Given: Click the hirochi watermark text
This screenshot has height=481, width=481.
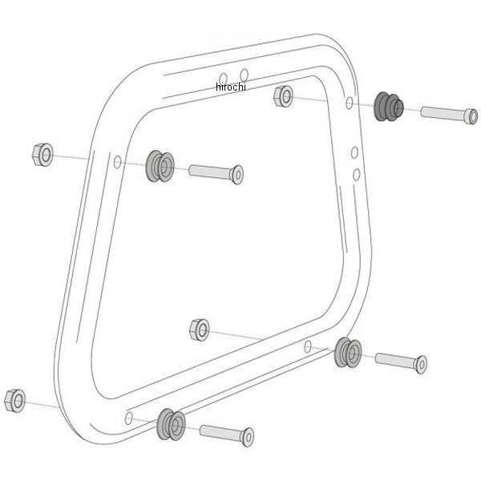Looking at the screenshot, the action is point(231,87).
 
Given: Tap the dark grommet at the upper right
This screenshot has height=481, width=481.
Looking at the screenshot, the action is point(389,107).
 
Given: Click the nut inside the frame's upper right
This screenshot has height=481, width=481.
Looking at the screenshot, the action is point(283,96).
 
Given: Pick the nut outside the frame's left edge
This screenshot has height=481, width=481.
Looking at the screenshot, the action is point(42,155).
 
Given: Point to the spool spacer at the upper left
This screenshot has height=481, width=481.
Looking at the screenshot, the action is point(160,166).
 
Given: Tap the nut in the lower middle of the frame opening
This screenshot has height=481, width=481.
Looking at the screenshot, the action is point(200,329).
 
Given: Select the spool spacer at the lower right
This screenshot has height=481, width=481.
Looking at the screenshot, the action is point(348,353).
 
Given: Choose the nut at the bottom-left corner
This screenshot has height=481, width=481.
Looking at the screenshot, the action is point(15,401).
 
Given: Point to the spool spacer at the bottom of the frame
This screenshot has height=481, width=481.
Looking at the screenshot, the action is point(171,425).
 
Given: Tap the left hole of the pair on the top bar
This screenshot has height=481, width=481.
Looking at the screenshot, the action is point(224,79).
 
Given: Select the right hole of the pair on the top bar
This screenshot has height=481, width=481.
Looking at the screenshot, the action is point(245,75).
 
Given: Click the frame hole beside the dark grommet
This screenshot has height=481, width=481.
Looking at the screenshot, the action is point(349,103).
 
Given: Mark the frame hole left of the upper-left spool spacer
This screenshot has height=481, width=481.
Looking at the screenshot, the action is point(118,162).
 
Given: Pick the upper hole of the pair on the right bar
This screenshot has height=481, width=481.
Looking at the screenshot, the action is point(354,152).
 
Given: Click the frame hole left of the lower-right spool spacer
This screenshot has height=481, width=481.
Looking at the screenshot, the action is point(308,346).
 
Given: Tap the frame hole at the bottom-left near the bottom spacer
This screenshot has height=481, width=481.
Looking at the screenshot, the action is point(129,418).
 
